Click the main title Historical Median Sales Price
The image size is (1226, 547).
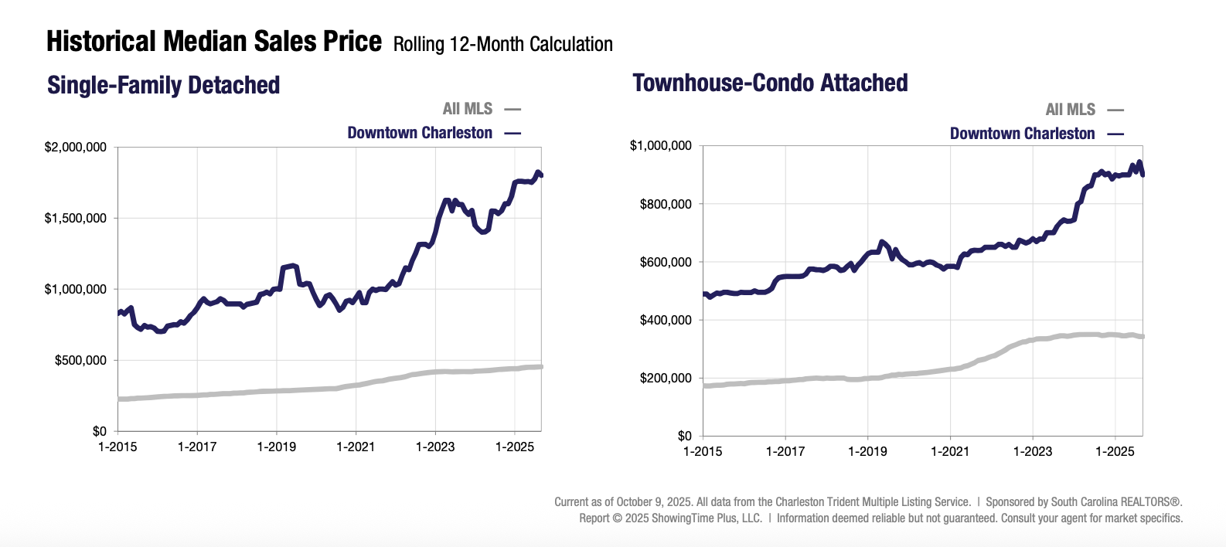tap(213, 42)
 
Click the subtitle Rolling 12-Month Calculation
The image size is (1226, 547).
tap(502, 45)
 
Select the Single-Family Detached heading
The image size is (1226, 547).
tap(163, 85)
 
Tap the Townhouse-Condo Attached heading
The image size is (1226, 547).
tap(770, 83)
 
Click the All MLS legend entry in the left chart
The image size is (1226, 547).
tap(468, 109)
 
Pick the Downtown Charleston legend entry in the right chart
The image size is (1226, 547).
tap(1022, 134)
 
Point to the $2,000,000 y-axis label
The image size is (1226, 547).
tap(75, 148)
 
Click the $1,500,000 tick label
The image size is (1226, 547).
tap(75, 219)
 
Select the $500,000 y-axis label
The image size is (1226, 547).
tap(80, 361)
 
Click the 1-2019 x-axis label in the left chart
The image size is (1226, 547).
tap(277, 447)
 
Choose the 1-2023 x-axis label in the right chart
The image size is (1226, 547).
tap(1032, 451)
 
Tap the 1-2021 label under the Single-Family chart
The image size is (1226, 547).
tap(356, 447)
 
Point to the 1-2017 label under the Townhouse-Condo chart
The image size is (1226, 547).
tap(785, 451)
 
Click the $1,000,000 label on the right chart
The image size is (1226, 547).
tap(660, 146)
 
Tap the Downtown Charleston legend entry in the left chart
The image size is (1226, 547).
tap(420, 133)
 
